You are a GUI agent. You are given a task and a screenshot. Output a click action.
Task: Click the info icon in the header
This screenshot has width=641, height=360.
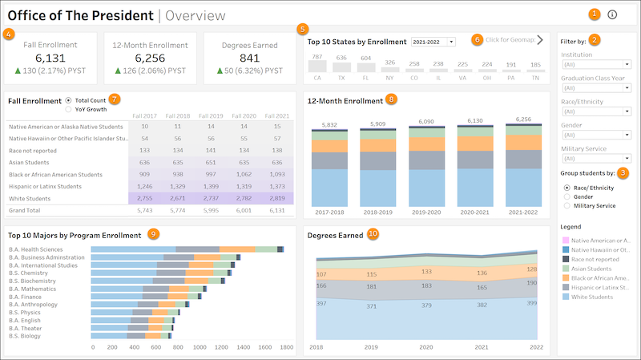click(x=613, y=14)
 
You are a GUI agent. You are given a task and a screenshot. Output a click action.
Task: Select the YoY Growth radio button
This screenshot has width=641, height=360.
click(x=69, y=108)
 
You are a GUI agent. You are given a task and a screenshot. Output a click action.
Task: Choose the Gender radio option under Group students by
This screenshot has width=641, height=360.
click(x=567, y=196)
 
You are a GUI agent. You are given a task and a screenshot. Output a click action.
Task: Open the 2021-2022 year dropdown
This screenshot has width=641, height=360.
click(x=433, y=41)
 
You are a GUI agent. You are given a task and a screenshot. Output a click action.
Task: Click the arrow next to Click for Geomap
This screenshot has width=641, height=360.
click(x=540, y=39)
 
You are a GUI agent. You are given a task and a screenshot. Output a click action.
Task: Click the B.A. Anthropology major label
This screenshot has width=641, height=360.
click(x=33, y=304)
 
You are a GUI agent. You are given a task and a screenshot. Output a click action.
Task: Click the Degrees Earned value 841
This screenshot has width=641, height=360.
click(x=249, y=59)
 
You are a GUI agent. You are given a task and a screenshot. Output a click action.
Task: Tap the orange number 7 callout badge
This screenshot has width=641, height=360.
click(x=115, y=99)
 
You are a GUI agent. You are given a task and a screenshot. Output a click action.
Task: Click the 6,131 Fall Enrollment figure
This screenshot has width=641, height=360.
click(x=50, y=59)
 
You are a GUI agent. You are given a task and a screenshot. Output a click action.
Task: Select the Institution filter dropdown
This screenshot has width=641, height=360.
click(x=595, y=65)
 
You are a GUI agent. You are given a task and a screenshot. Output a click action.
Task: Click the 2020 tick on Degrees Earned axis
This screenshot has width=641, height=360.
click(x=425, y=348)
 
